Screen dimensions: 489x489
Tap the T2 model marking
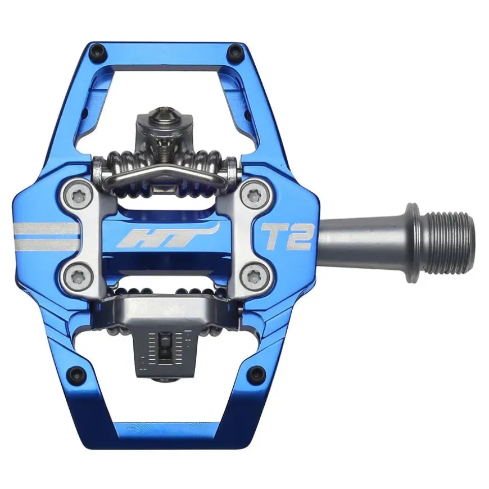[287, 237]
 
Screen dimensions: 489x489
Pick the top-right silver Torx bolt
[253, 196]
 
